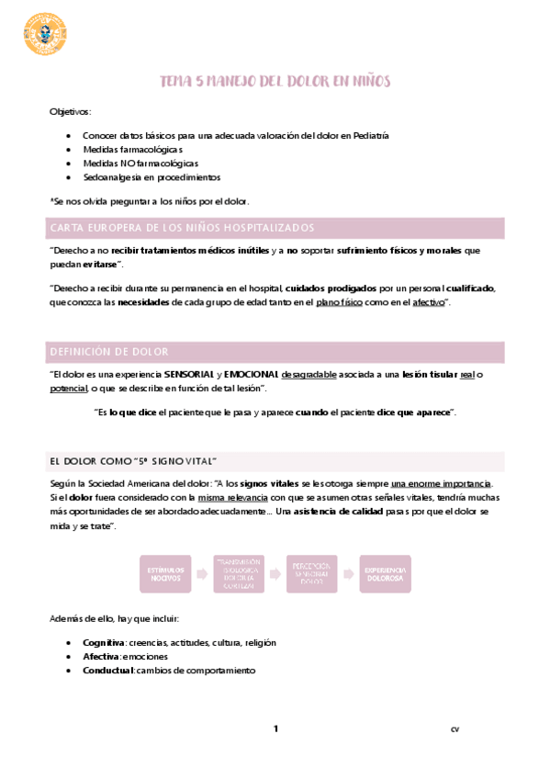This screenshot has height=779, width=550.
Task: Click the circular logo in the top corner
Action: (x=44, y=32)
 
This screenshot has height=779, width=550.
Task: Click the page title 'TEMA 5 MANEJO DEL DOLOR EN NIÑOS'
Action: (x=275, y=82)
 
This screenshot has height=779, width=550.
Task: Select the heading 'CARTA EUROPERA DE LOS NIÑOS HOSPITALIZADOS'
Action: (x=182, y=228)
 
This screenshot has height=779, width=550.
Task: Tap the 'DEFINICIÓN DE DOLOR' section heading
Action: (x=109, y=352)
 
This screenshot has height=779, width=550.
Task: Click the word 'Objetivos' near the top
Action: (x=71, y=111)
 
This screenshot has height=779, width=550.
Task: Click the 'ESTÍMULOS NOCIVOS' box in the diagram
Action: (x=164, y=574)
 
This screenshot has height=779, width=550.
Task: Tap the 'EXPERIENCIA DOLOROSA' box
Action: (x=385, y=574)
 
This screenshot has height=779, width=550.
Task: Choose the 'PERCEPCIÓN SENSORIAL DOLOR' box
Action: (x=312, y=574)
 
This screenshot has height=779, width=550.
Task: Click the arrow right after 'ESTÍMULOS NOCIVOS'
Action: (x=201, y=574)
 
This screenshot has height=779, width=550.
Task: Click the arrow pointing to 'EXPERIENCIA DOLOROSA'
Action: (x=348, y=574)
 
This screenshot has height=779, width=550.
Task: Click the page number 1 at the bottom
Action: (x=275, y=729)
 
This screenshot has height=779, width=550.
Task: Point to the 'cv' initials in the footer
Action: (x=454, y=730)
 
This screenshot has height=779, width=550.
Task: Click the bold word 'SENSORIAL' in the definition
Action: (x=190, y=375)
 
